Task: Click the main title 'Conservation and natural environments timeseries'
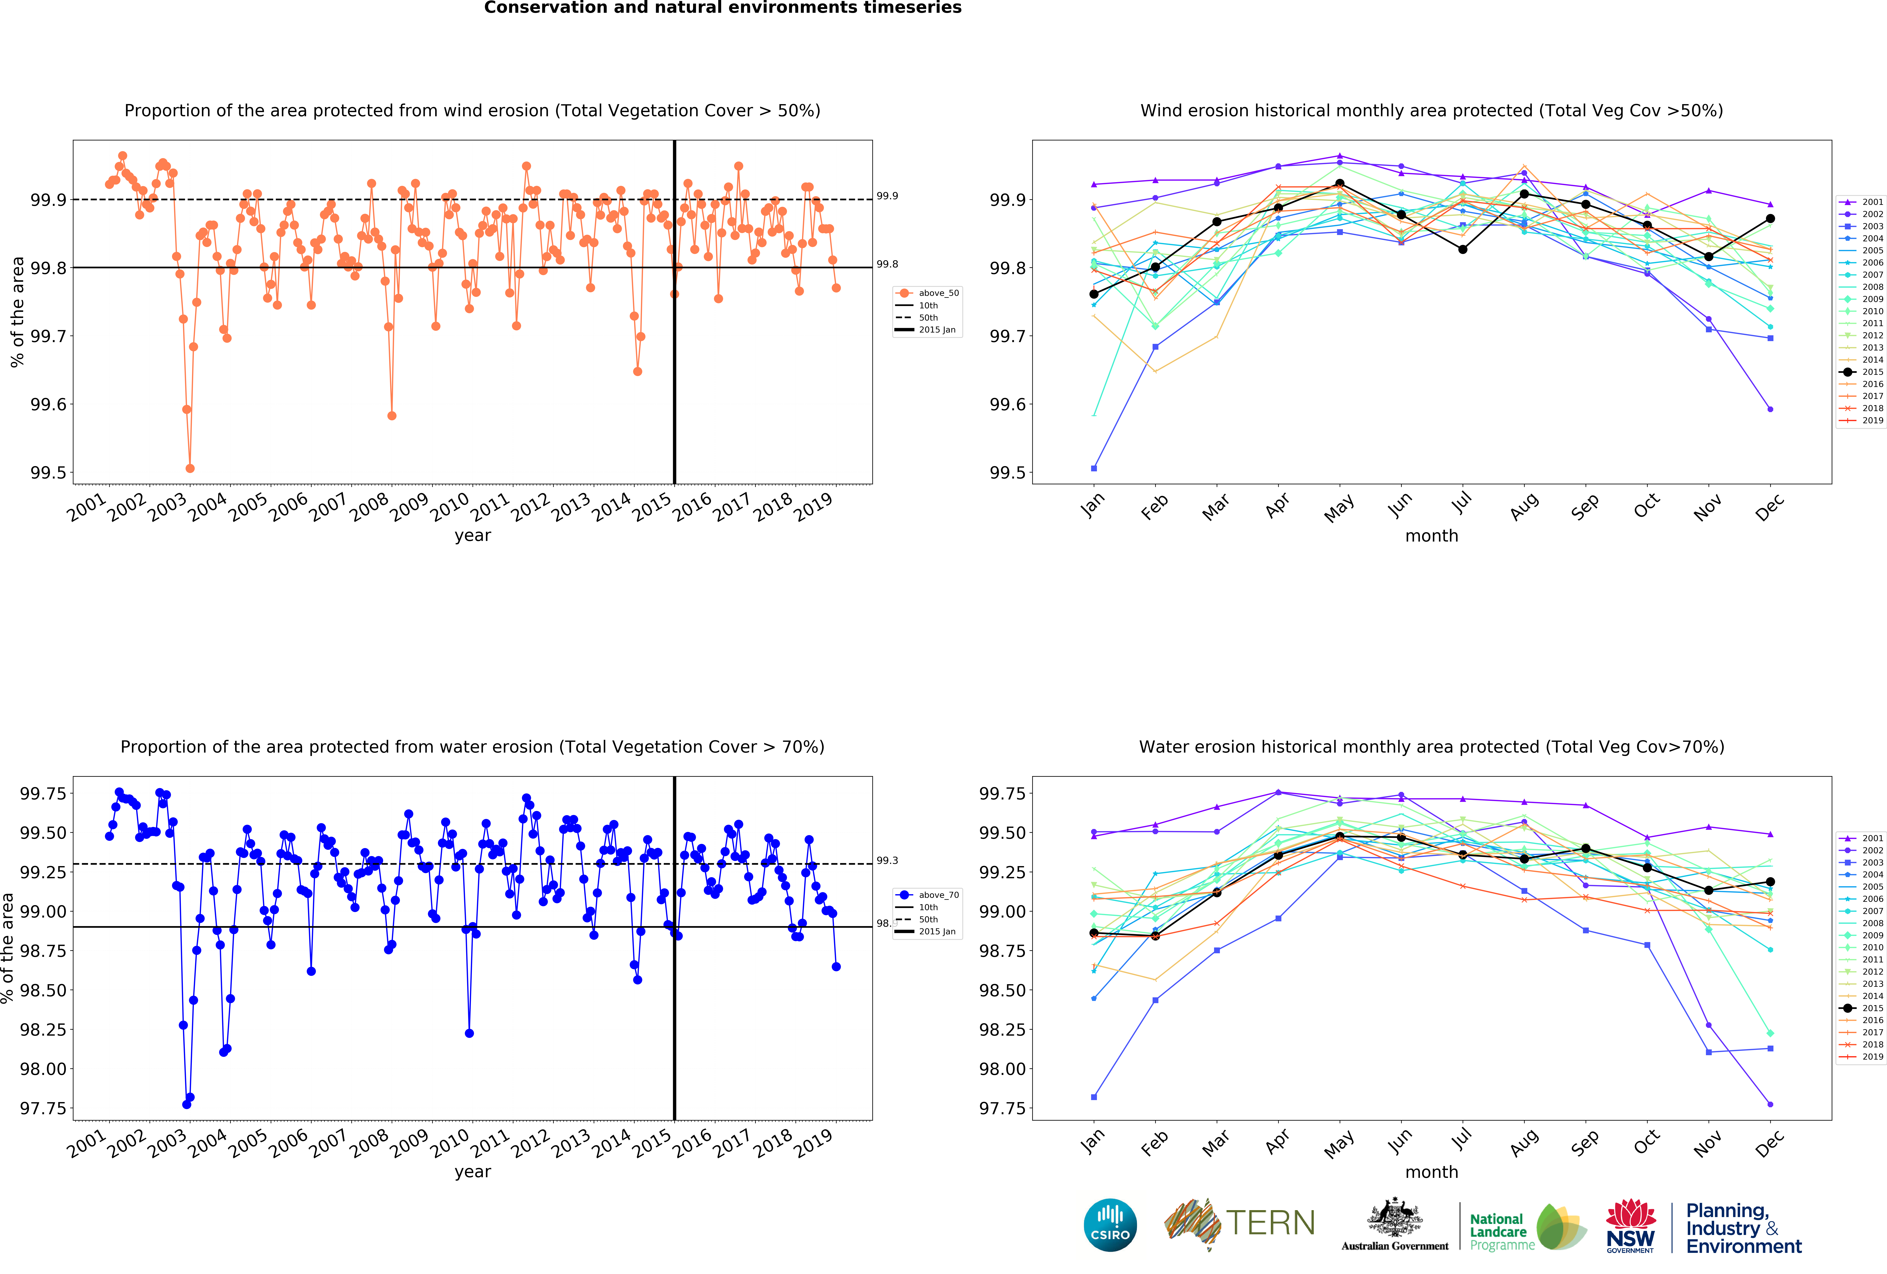723,8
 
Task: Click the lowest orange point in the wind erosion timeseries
190,468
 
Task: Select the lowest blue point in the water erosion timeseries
187,1104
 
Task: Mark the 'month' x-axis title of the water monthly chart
1431,1172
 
